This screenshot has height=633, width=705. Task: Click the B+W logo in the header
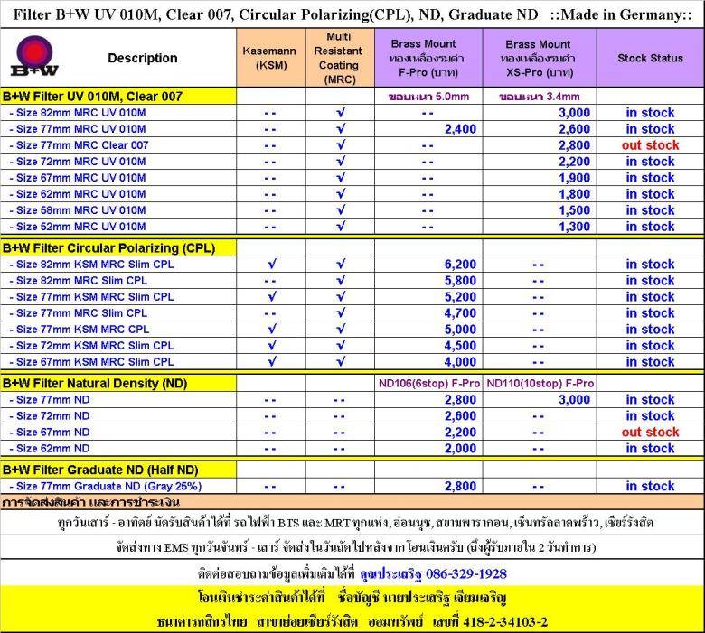(33, 58)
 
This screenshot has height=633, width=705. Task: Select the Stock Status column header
(650, 58)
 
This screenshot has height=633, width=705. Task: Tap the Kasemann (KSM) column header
(269, 58)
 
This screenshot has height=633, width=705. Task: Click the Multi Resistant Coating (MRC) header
(339, 58)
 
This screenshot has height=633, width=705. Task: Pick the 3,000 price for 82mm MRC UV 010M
(574, 113)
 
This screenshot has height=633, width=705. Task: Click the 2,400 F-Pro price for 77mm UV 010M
(460, 129)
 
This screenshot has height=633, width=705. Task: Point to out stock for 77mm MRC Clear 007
(650, 145)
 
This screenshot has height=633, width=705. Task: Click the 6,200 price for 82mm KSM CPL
(460, 265)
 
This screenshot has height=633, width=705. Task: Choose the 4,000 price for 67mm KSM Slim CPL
(460, 362)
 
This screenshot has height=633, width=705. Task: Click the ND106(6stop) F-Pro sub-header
(429, 383)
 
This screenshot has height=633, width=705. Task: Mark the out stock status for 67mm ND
(650, 433)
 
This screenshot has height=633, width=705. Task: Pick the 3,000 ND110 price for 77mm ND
(574, 400)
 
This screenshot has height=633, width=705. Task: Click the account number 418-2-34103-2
(493, 621)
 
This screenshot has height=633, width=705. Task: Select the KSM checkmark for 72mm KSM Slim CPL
(270, 346)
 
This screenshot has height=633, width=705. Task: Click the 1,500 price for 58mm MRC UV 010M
(574, 210)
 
